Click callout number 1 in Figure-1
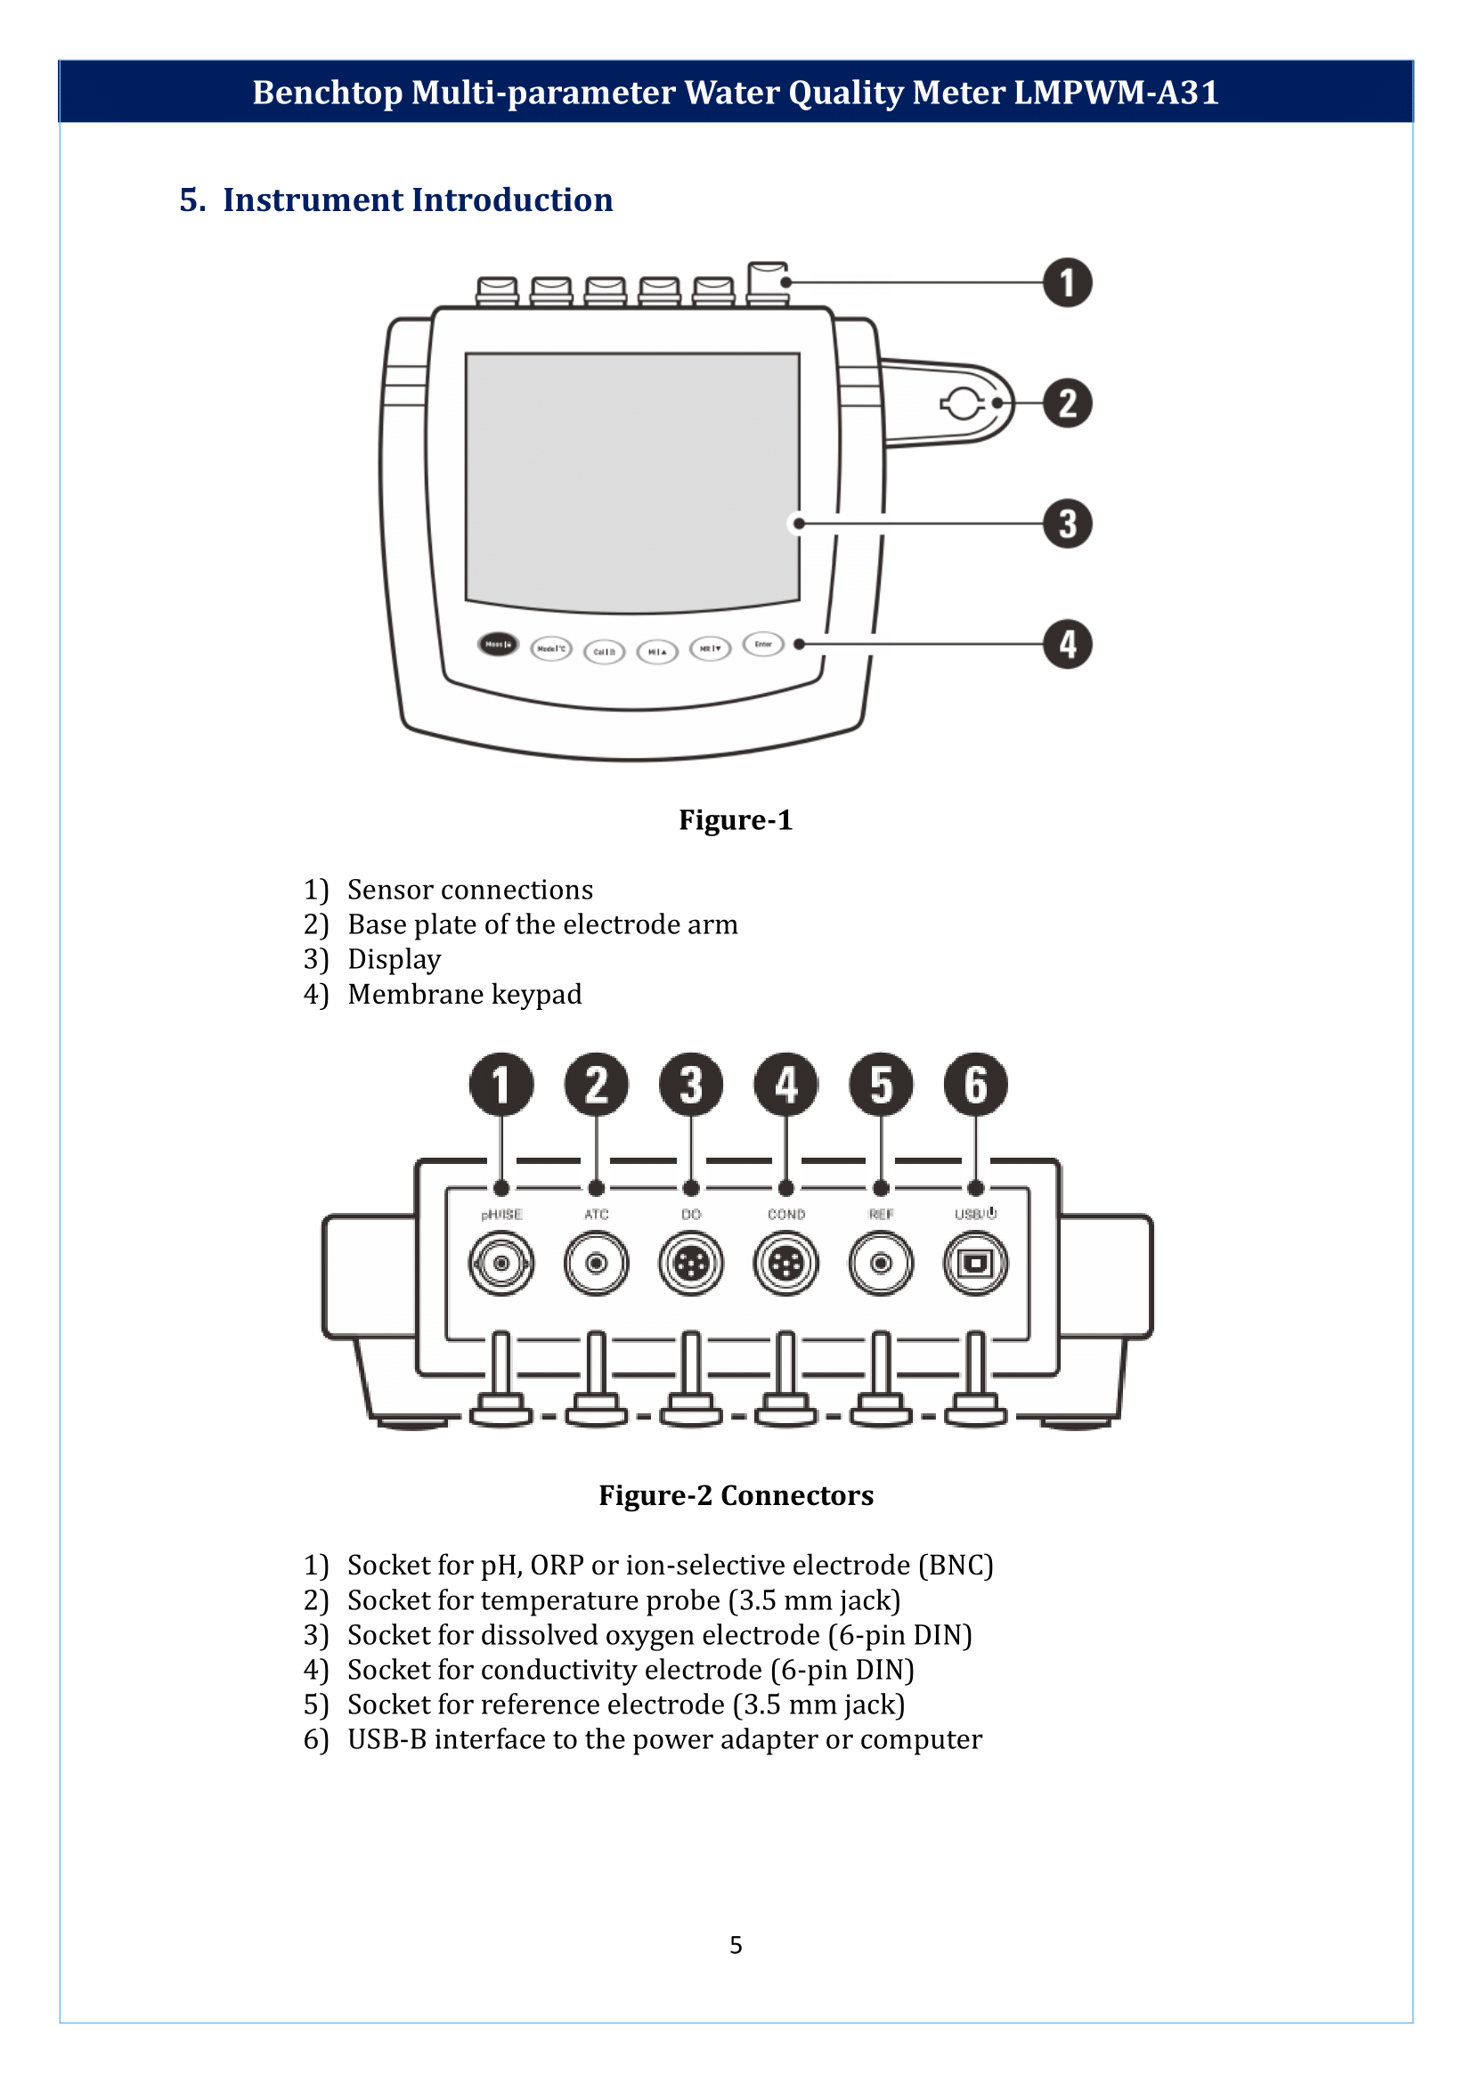(x=1067, y=282)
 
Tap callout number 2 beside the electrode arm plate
(x=1067, y=403)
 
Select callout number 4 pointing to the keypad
(x=1067, y=644)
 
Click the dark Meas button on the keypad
(x=498, y=644)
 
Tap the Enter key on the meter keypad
(x=763, y=644)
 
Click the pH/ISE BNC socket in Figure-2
(x=501, y=1262)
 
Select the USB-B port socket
(x=975, y=1262)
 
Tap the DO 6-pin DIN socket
(x=691, y=1262)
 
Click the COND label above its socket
(x=785, y=1214)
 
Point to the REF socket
(x=881, y=1262)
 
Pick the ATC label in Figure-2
(x=596, y=1214)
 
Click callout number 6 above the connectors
(x=975, y=1084)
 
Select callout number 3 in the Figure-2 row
(x=691, y=1084)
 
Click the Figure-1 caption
(x=736, y=820)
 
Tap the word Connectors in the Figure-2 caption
(x=796, y=1495)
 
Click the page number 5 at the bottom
(x=736, y=1945)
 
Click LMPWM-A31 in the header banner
(x=1116, y=93)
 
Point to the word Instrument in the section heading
(x=312, y=199)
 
